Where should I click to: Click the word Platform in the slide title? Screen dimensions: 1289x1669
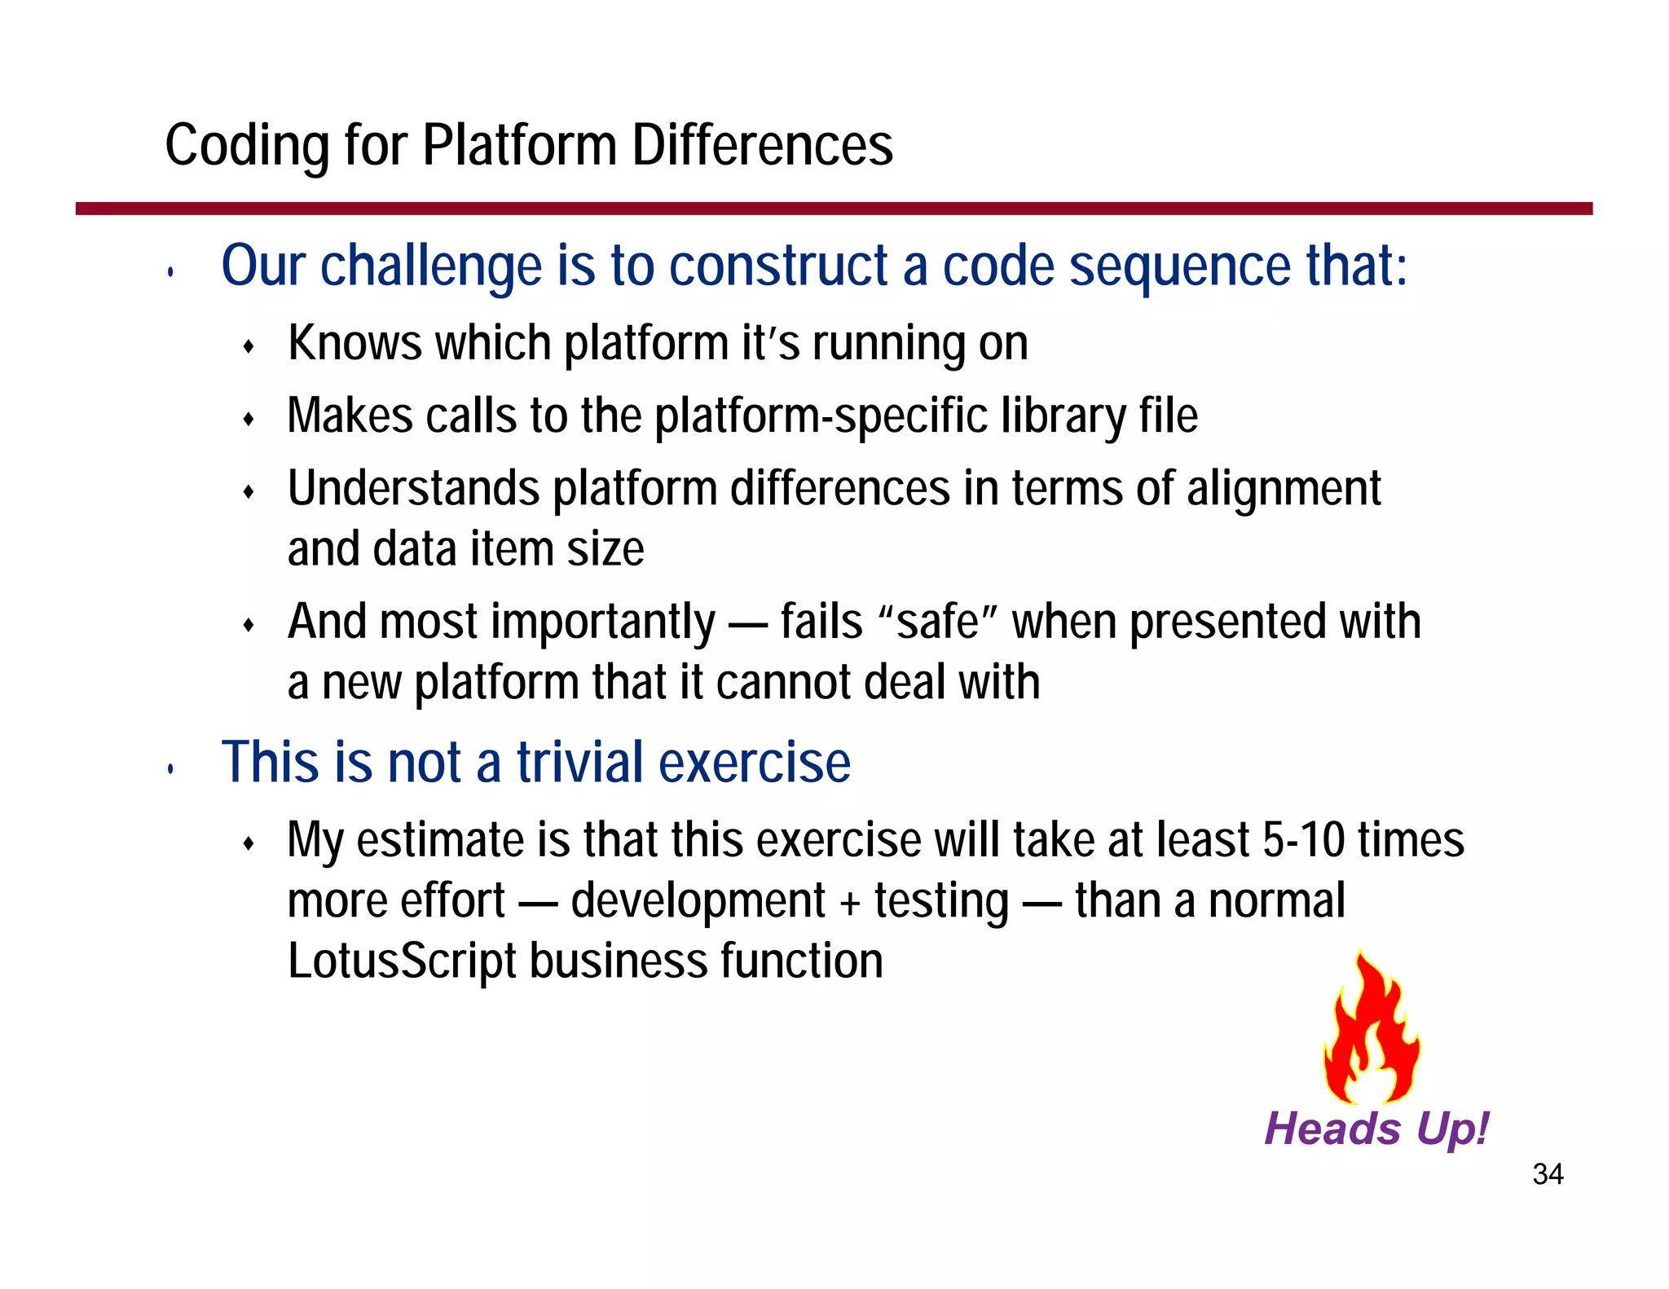point(519,146)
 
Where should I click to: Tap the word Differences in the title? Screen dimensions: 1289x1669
point(762,146)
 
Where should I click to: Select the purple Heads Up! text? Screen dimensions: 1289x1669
point(1376,1128)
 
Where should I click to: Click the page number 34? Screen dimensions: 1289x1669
point(1547,1174)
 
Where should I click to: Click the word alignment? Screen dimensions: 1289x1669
point(1283,489)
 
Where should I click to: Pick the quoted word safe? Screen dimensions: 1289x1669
point(937,623)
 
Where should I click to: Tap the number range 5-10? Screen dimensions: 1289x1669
point(1302,840)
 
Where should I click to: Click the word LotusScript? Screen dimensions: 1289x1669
point(402,961)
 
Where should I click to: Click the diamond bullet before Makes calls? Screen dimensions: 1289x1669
point(249,420)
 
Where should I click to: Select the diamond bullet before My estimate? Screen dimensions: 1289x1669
point(249,843)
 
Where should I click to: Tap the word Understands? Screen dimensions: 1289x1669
point(413,489)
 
